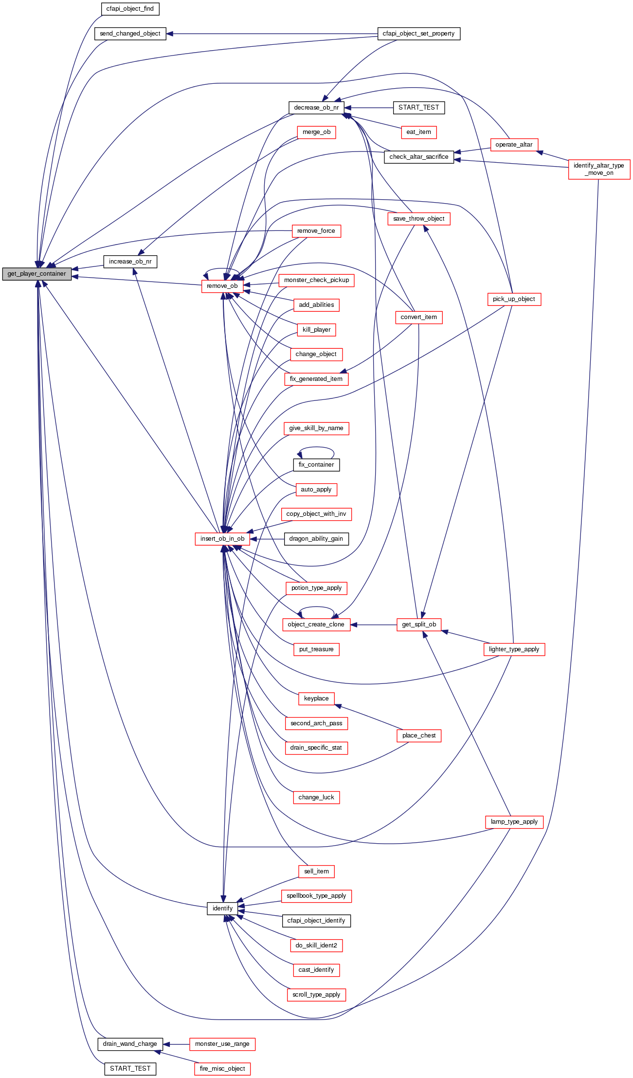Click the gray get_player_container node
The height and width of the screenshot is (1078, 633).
tap(36, 274)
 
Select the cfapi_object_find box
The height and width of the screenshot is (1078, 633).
tap(130, 9)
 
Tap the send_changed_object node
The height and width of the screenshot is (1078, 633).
tap(130, 34)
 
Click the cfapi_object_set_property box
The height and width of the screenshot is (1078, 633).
tap(418, 34)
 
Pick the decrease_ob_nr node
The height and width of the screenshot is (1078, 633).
tap(316, 108)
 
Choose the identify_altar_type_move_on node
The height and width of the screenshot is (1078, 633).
tap(599, 169)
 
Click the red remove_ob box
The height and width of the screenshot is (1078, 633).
tap(222, 286)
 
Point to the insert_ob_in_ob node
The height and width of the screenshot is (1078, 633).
tap(222, 539)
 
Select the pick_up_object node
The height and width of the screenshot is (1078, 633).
tap(514, 299)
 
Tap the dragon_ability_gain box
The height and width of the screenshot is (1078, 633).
tap(316, 539)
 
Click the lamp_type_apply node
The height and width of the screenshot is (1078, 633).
tap(514, 822)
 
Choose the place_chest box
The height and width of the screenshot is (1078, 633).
tap(419, 736)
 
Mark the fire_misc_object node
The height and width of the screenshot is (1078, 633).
tap(222, 1069)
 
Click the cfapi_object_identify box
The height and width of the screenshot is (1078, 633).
tap(316, 921)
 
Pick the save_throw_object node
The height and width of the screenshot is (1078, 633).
tap(418, 219)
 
